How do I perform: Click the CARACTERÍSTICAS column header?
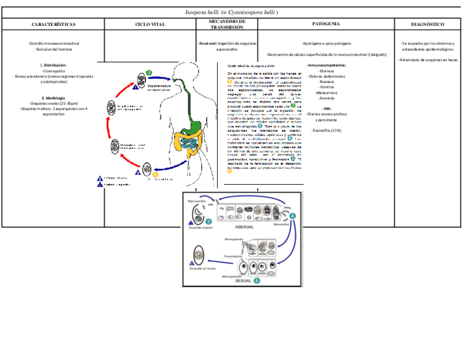tap(53, 24)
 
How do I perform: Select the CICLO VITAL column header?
tap(150, 24)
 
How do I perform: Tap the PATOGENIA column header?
tap(326, 24)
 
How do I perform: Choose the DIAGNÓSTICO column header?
tap(428, 24)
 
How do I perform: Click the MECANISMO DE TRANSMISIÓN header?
tap(227, 24)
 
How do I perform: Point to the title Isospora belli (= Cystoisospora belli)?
tap(231, 12)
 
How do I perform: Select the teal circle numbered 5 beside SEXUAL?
tap(257, 281)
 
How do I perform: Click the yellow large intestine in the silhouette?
tap(179, 142)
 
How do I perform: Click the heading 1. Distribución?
tap(53, 65)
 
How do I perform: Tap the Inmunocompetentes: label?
tap(326, 65)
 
